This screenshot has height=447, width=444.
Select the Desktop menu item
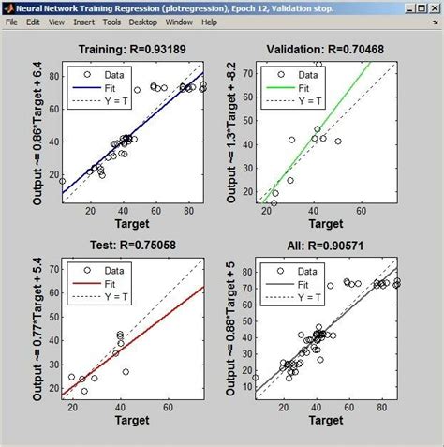143,22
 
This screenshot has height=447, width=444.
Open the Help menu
208,22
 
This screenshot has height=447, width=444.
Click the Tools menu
112,22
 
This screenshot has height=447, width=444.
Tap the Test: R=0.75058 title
134,246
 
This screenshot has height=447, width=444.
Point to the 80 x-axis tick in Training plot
188,211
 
